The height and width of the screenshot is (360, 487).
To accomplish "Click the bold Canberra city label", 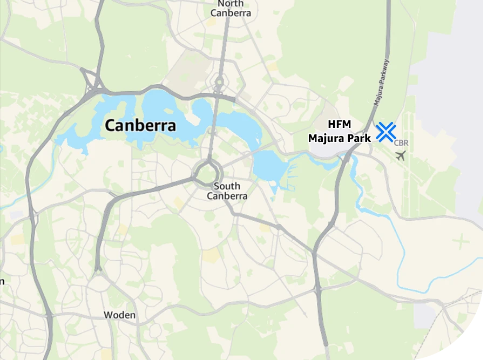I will pos(140,126).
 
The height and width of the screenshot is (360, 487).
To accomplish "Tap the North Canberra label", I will pos(231,8).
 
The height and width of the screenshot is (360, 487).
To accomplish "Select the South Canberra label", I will pos(227,191).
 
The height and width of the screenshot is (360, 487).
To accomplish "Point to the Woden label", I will pos(119,315).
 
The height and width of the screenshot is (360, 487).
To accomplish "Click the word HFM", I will pos(339,125).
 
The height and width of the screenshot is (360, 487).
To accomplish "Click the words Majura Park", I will pos(339,138).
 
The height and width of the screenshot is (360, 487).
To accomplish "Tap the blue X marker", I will pos(386,132).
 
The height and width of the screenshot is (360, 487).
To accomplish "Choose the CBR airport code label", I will pos(401,143).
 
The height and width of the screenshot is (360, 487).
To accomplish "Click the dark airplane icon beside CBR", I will pos(400,156).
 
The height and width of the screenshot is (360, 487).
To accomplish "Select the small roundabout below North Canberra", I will pos(219,83).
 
